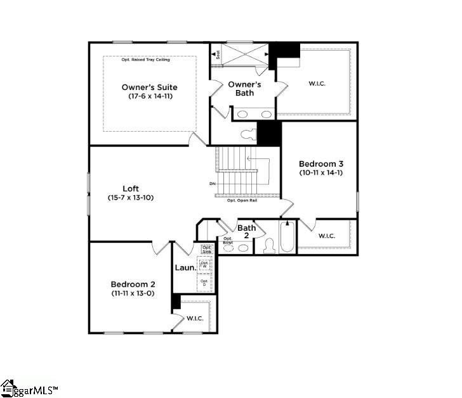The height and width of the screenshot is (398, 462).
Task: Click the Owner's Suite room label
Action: coord(150,87)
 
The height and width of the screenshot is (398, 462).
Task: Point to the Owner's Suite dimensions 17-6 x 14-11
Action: coord(150,96)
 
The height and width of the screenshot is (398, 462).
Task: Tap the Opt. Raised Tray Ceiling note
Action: coord(150,59)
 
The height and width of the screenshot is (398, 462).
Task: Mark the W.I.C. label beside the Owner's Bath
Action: coord(317,83)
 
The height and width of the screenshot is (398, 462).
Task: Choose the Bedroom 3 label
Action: coord(321,164)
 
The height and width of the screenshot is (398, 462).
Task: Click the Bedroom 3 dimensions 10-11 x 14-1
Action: coord(321,172)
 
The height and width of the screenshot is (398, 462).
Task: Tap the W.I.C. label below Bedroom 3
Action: coord(326,236)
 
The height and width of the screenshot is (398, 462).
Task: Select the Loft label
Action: coord(131,188)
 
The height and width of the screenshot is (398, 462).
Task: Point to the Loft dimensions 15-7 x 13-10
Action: coord(131,198)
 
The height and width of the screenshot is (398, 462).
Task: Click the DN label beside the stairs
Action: coord(212,184)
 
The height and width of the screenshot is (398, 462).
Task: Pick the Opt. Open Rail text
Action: coord(242,200)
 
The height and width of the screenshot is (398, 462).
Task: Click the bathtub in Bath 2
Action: coord(287,238)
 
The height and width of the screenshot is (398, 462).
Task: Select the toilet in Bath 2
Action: coord(268,246)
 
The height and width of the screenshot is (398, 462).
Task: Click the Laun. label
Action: coord(185,268)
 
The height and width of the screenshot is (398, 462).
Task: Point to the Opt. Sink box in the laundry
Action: coord(207,249)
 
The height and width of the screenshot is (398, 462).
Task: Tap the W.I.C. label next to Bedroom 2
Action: coord(195,318)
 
